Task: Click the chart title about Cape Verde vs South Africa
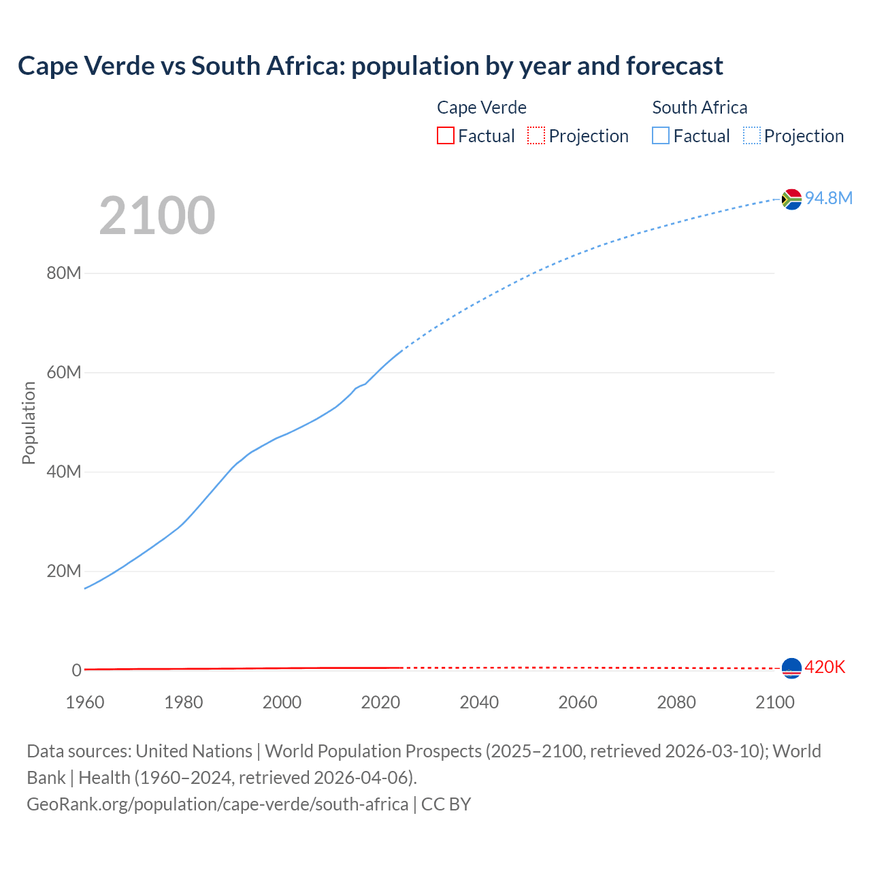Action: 370,66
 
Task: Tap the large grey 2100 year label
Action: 157,216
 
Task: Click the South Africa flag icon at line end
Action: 791,199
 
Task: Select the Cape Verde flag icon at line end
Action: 791,668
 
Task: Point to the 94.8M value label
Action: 828,198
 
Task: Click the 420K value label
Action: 825,668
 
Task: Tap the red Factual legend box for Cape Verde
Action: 445,136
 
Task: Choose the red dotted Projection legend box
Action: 536,136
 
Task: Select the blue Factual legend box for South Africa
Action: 661,136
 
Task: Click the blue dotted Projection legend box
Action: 752,136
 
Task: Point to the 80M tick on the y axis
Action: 64,274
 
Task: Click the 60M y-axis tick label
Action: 64,373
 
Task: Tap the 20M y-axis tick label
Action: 64,571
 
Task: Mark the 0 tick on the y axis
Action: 76,670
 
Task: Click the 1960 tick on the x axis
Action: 85,702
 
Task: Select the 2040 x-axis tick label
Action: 479,702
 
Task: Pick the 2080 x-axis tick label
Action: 676,702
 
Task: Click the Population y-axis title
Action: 29,423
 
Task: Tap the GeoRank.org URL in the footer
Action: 218,804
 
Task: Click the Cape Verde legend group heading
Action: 482,108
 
